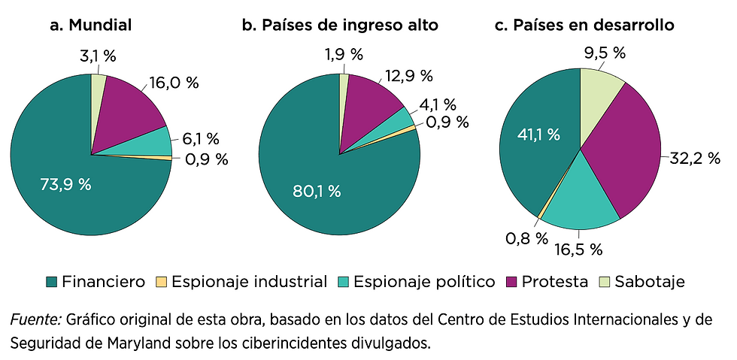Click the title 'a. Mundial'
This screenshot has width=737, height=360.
point(90,25)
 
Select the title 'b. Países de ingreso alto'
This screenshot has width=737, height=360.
point(340,25)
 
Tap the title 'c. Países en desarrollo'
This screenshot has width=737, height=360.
point(584,25)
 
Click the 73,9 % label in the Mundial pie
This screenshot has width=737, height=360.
point(65,184)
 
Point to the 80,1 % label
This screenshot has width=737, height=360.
point(317,191)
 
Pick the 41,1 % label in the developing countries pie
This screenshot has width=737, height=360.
point(538,135)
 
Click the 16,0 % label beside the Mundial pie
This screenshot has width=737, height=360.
point(173,83)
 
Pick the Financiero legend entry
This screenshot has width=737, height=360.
point(95,282)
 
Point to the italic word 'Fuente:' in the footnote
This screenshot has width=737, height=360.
point(35,319)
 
